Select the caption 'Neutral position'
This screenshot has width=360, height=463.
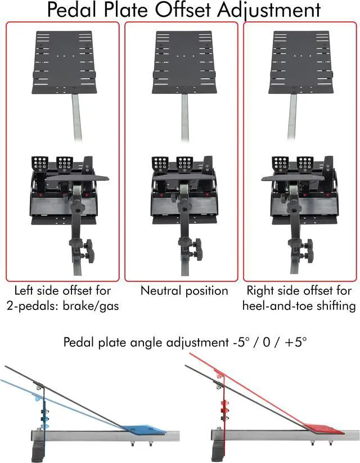184,291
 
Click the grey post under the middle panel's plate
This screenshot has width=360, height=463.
184,117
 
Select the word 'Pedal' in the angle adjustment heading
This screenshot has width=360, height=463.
79,342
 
